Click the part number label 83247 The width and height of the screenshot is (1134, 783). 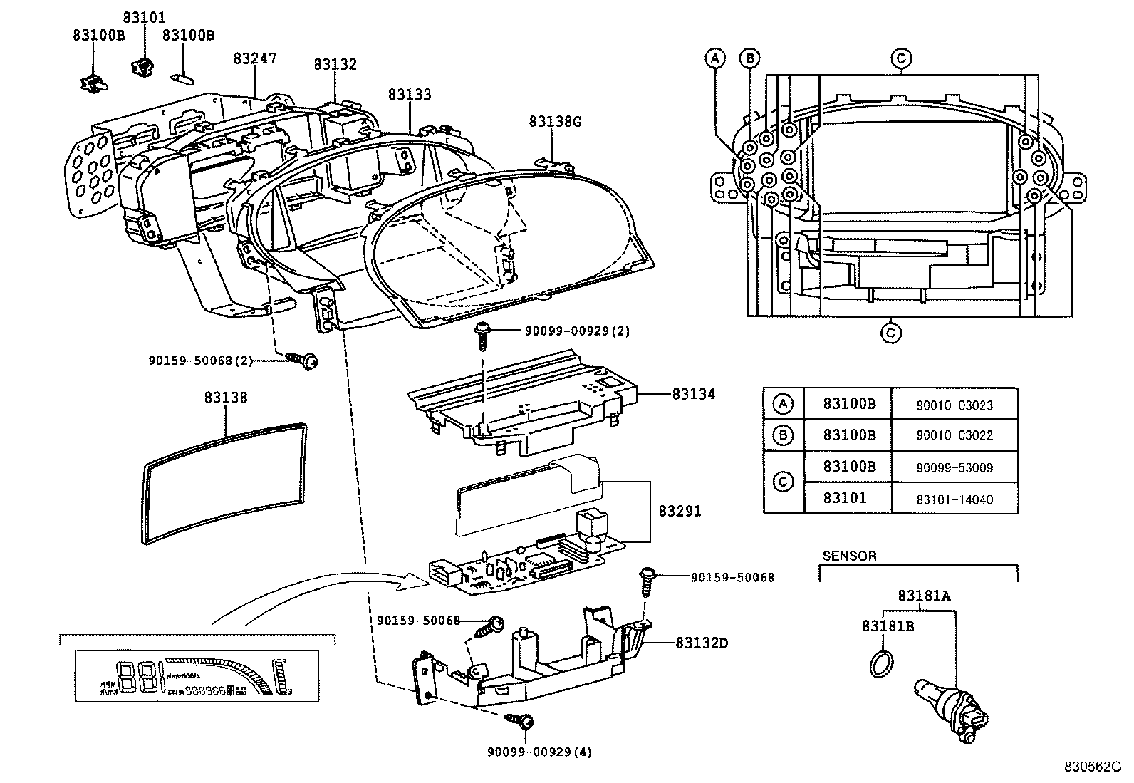[254, 59]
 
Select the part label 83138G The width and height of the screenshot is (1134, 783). [555, 122]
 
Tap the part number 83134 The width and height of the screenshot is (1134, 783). [693, 394]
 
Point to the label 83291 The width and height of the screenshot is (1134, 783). [680, 512]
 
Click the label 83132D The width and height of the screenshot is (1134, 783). [702, 643]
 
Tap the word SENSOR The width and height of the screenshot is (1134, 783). [849, 556]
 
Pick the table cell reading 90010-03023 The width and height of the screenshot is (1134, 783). [954, 405]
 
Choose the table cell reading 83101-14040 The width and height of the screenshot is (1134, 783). [954, 499]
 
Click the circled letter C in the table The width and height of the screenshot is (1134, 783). [783, 482]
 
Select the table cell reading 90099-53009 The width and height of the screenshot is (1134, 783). [954, 468]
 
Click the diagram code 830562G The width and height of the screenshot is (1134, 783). [1092, 767]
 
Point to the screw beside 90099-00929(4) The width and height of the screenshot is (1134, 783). [520, 721]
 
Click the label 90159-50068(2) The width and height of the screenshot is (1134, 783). [201, 361]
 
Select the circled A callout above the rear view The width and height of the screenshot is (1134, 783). [715, 58]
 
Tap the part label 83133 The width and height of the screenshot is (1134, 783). [410, 95]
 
